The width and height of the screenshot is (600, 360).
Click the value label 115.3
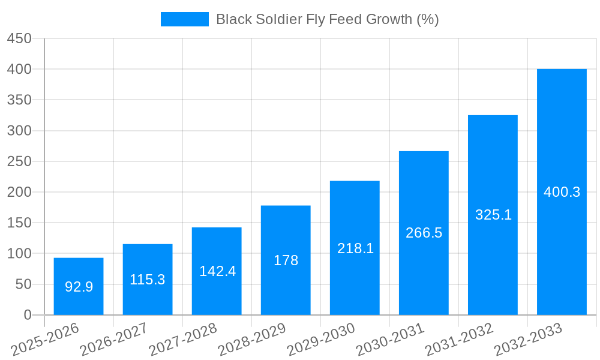click(x=148, y=280)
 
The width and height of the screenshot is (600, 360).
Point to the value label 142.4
click(x=217, y=271)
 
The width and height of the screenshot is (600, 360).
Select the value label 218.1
click(x=355, y=248)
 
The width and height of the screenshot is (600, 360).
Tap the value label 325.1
click(x=493, y=215)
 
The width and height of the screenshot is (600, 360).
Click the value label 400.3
click(x=562, y=192)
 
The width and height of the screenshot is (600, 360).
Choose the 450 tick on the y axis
click(x=19, y=38)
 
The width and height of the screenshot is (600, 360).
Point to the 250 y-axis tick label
click(x=19, y=161)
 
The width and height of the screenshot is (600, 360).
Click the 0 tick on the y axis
click(x=27, y=315)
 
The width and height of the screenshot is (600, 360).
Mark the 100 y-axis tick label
click(x=19, y=253)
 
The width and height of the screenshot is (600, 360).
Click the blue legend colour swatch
click(x=184, y=19)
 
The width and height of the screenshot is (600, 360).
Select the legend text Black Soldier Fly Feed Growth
click(x=327, y=19)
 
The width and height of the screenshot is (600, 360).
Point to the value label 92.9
click(x=79, y=287)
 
